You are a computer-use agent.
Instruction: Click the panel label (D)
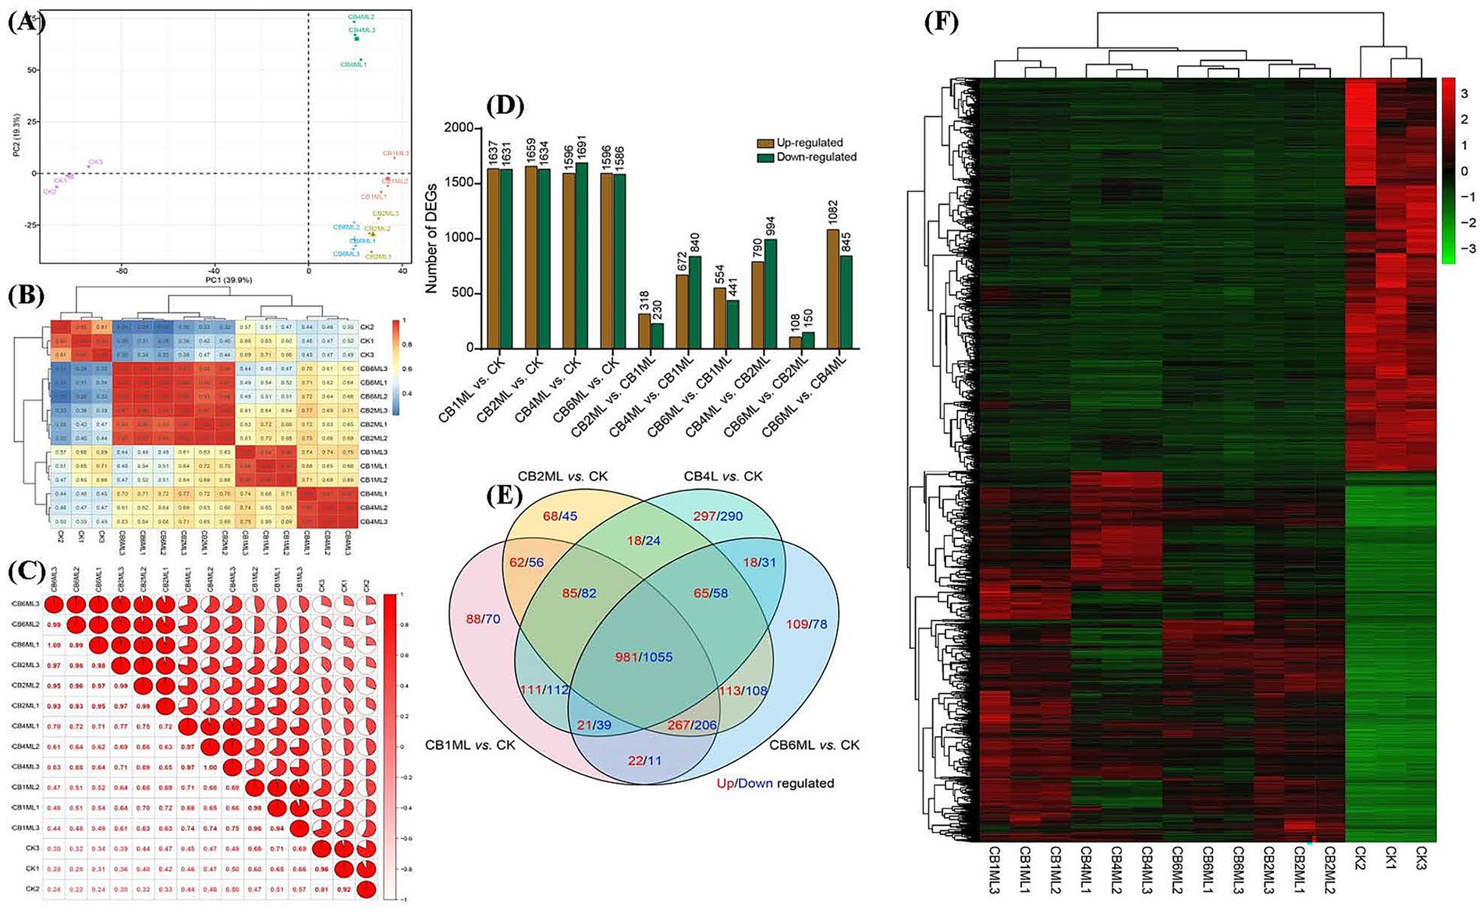click(505, 105)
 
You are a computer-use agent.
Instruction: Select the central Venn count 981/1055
click(644, 657)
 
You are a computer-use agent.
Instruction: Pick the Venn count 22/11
click(644, 760)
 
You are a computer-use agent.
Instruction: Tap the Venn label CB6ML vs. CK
click(814, 745)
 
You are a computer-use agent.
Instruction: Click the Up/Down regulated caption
click(775, 782)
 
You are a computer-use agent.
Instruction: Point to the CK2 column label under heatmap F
click(1361, 863)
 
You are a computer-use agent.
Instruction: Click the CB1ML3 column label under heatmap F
click(993, 870)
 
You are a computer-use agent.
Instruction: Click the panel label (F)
click(941, 21)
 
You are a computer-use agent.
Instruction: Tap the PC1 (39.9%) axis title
click(229, 280)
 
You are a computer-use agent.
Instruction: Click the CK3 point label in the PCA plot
click(95, 162)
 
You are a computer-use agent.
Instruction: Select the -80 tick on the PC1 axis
click(122, 271)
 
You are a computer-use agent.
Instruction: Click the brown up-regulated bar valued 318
click(644, 331)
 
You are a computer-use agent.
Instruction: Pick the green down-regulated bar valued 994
click(770, 293)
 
